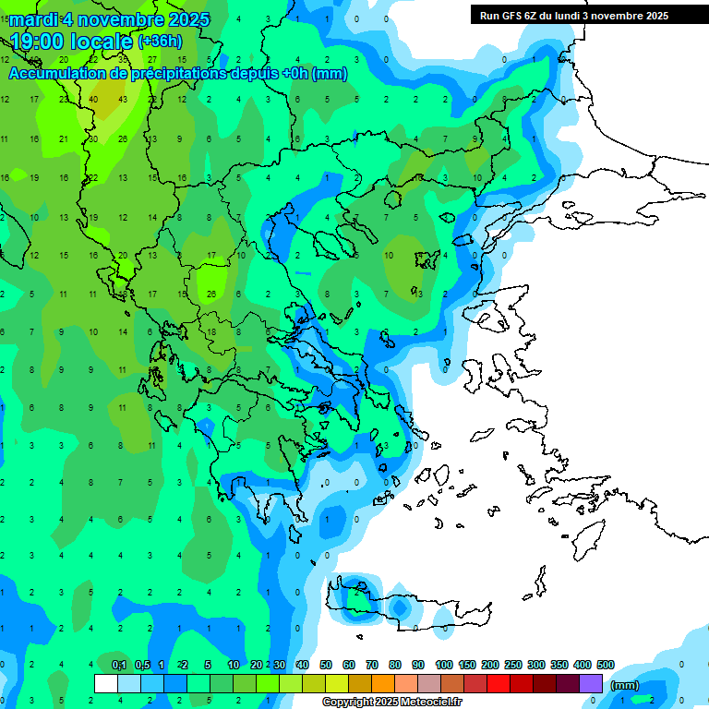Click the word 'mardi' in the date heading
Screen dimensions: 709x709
coord(33,19)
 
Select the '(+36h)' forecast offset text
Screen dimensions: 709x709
coord(160,42)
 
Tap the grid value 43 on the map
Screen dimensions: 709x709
coord(124,100)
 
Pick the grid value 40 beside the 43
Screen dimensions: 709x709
coord(94,100)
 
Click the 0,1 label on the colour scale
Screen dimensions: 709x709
coord(118,665)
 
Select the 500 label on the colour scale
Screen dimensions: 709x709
coord(605,665)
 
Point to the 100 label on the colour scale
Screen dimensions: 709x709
coord(443,665)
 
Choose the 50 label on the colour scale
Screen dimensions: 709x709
coord(326,665)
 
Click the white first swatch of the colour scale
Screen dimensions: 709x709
coord(106,683)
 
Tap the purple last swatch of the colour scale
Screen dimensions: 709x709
coord(591,683)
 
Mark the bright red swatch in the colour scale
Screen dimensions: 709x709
coord(499,683)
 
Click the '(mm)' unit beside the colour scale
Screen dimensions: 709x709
coord(625,685)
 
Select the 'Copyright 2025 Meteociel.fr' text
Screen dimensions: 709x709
coord(391,703)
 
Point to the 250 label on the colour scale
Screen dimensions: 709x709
coord(513,665)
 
